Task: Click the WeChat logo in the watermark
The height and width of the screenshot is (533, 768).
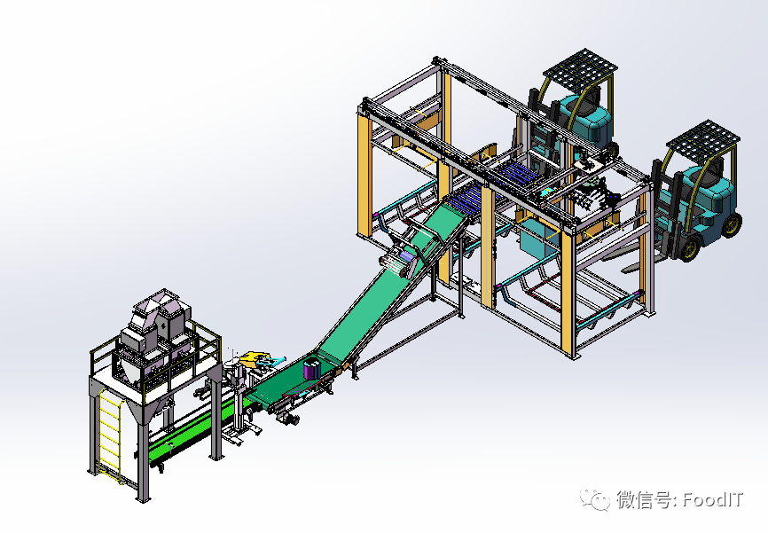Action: pos(594,498)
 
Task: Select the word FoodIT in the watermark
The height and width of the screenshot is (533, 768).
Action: pos(713,499)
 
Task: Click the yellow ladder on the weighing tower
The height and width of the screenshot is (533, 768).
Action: pos(110,434)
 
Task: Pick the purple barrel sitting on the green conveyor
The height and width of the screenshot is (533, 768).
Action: pos(311,368)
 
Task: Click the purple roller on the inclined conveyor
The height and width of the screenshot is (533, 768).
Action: pos(407,256)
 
